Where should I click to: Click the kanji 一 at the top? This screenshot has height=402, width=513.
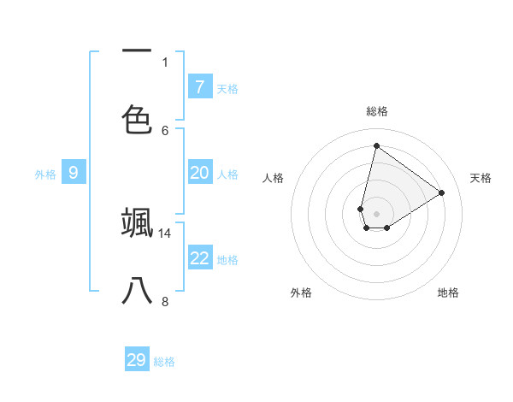click(137, 51)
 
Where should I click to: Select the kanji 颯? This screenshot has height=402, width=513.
click(137, 221)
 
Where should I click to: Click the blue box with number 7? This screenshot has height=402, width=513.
click(199, 87)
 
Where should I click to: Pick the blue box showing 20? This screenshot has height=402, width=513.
click(199, 173)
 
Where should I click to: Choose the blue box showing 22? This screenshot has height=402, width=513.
click(199, 258)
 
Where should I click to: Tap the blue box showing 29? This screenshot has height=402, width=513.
click(137, 360)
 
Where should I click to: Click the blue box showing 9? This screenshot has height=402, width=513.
click(74, 173)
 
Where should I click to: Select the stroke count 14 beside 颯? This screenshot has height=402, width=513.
click(165, 233)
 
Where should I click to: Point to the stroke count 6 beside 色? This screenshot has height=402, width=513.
click(165, 130)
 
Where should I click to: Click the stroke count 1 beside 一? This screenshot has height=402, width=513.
click(165, 62)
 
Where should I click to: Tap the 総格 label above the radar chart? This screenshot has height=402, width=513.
click(376, 111)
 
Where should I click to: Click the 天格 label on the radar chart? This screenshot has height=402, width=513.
click(481, 178)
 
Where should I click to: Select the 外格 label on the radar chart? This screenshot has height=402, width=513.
click(301, 293)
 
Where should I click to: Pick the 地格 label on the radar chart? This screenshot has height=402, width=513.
click(448, 293)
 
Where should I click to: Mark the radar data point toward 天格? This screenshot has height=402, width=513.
click(441, 192)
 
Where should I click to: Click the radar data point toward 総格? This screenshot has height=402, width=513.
click(376, 145)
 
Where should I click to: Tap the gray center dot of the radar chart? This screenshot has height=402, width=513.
click(376, 214)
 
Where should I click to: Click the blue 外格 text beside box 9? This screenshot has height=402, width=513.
click(45, 174)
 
